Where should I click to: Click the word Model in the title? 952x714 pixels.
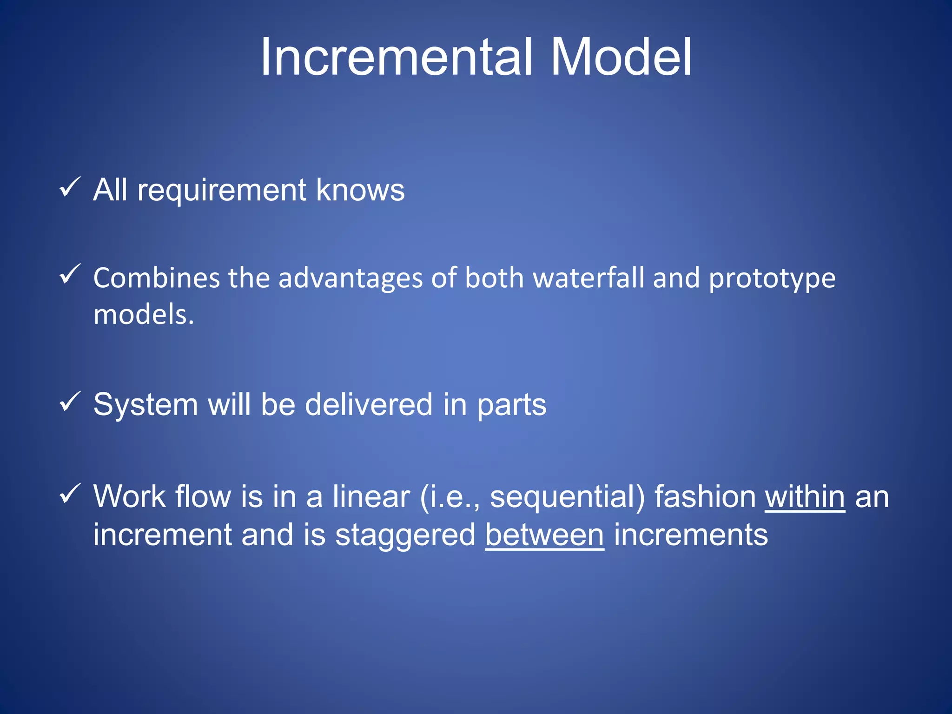coord(621,57)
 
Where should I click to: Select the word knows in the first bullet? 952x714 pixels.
coord(360,190)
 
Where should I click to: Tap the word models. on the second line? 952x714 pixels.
coord(144,314)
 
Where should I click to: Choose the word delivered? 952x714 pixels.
coord(369,404)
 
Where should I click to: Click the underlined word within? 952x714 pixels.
coord(805,496)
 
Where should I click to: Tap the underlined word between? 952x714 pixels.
coord(544,535)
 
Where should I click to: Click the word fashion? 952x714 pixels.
coord(705,496)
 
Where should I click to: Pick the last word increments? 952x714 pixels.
coord(691,535)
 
